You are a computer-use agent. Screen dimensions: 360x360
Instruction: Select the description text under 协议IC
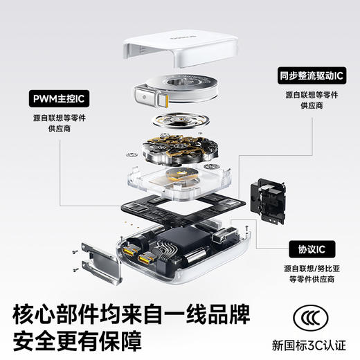tap(308, 273)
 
